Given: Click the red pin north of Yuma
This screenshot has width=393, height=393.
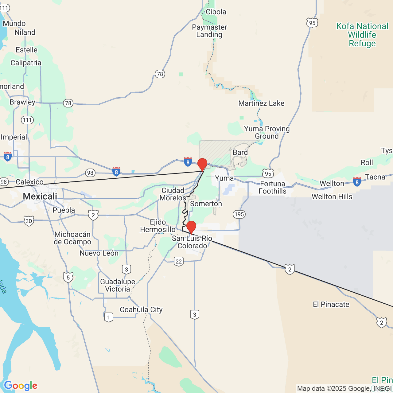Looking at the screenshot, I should click(202, 164).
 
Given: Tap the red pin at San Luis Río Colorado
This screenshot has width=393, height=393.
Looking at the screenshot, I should click(191, 227).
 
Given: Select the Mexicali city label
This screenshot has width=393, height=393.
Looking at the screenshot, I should click(40, 196).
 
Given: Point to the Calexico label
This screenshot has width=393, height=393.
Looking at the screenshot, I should click(29, 182).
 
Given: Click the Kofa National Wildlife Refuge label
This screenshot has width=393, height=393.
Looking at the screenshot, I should click(362, 35).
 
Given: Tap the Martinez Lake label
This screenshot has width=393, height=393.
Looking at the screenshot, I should click(261, 103).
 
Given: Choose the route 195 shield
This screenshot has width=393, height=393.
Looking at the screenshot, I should click(239, 214).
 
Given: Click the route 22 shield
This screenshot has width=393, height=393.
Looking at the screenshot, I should click(179, 261).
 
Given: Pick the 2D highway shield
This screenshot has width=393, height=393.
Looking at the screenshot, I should click(29, 221).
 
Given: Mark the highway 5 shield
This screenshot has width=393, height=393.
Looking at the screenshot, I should click(68, 278).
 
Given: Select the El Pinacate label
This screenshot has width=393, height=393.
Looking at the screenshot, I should click(331, 304).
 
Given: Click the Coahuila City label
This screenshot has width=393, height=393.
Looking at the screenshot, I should click(141, 309).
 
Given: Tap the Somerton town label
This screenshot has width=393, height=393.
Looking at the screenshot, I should click(206, 204).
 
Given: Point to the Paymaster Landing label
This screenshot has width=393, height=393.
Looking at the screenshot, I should click(209, 31).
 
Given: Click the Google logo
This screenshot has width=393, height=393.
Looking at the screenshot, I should click(21, 386).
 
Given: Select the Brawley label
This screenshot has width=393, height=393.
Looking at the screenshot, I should click(22, 102).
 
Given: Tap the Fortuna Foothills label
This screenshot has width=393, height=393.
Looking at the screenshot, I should click(272, 187).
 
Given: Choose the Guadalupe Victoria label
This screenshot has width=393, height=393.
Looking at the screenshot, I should click(118, 285).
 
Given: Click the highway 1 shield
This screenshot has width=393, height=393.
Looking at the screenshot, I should click(108, 317).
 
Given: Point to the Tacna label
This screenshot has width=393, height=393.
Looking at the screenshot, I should click(375, 177).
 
